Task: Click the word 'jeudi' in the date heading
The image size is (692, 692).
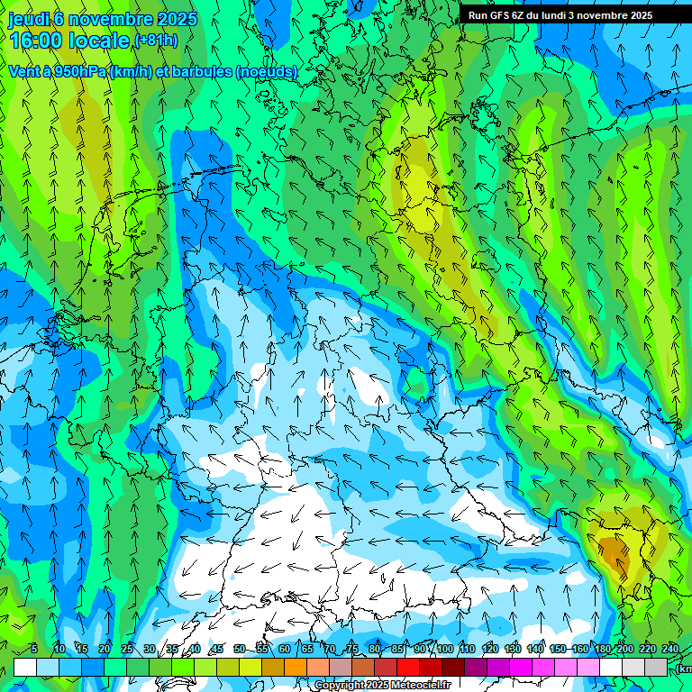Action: pyautogui.click(x=28, y=19)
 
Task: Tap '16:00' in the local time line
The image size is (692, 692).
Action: pyautogui.click(x=35, y=41)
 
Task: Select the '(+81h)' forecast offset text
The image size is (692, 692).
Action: pyautogui.click(x=156, y=41)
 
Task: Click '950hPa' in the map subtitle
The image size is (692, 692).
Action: pyautogui.click(x=74, y=72)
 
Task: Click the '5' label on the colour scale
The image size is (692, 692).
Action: pyautogui.click(x=33, y=649)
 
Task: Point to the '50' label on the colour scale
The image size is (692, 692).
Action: pyautogui.click(x=239, y=649)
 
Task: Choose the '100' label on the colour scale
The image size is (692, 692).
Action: pyautogui.click(x=445, y=649)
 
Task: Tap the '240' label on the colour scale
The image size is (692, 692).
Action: pyautogui.click(x=670, y=649)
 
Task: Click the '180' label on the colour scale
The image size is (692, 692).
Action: pyautogui.click(x=603, y=649)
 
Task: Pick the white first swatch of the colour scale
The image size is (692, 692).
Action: pyautogui.click(x=24, y=667)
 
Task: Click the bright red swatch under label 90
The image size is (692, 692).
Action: pyautogui.click(x=408, y=667)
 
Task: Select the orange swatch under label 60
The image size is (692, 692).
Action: pyautogui.click(x=296, y=667)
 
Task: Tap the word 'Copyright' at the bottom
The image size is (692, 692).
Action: pyautogui.click(x=339, y=686)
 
